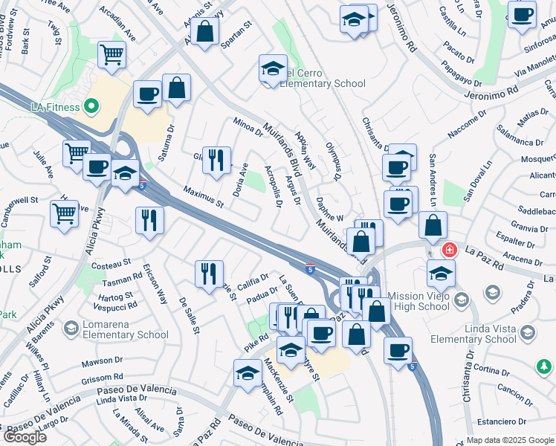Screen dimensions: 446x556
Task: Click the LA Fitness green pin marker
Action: pyautogui.click(x=91, y=107)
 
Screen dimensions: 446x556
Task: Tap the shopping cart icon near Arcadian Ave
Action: pyautogui.click(x=111, y=54)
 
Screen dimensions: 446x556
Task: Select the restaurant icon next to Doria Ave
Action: pyautogui.click(x=216, y=160)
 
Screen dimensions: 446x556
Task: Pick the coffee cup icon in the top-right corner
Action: pyautogui.click(x=523, y=14)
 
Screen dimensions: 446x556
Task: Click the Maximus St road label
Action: pyautogui.click(x=203, y=197)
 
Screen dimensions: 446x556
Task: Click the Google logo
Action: pyautogui.click(x=25, y=437)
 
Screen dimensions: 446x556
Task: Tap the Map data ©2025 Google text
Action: pyautogui.click(x=510, y=440)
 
